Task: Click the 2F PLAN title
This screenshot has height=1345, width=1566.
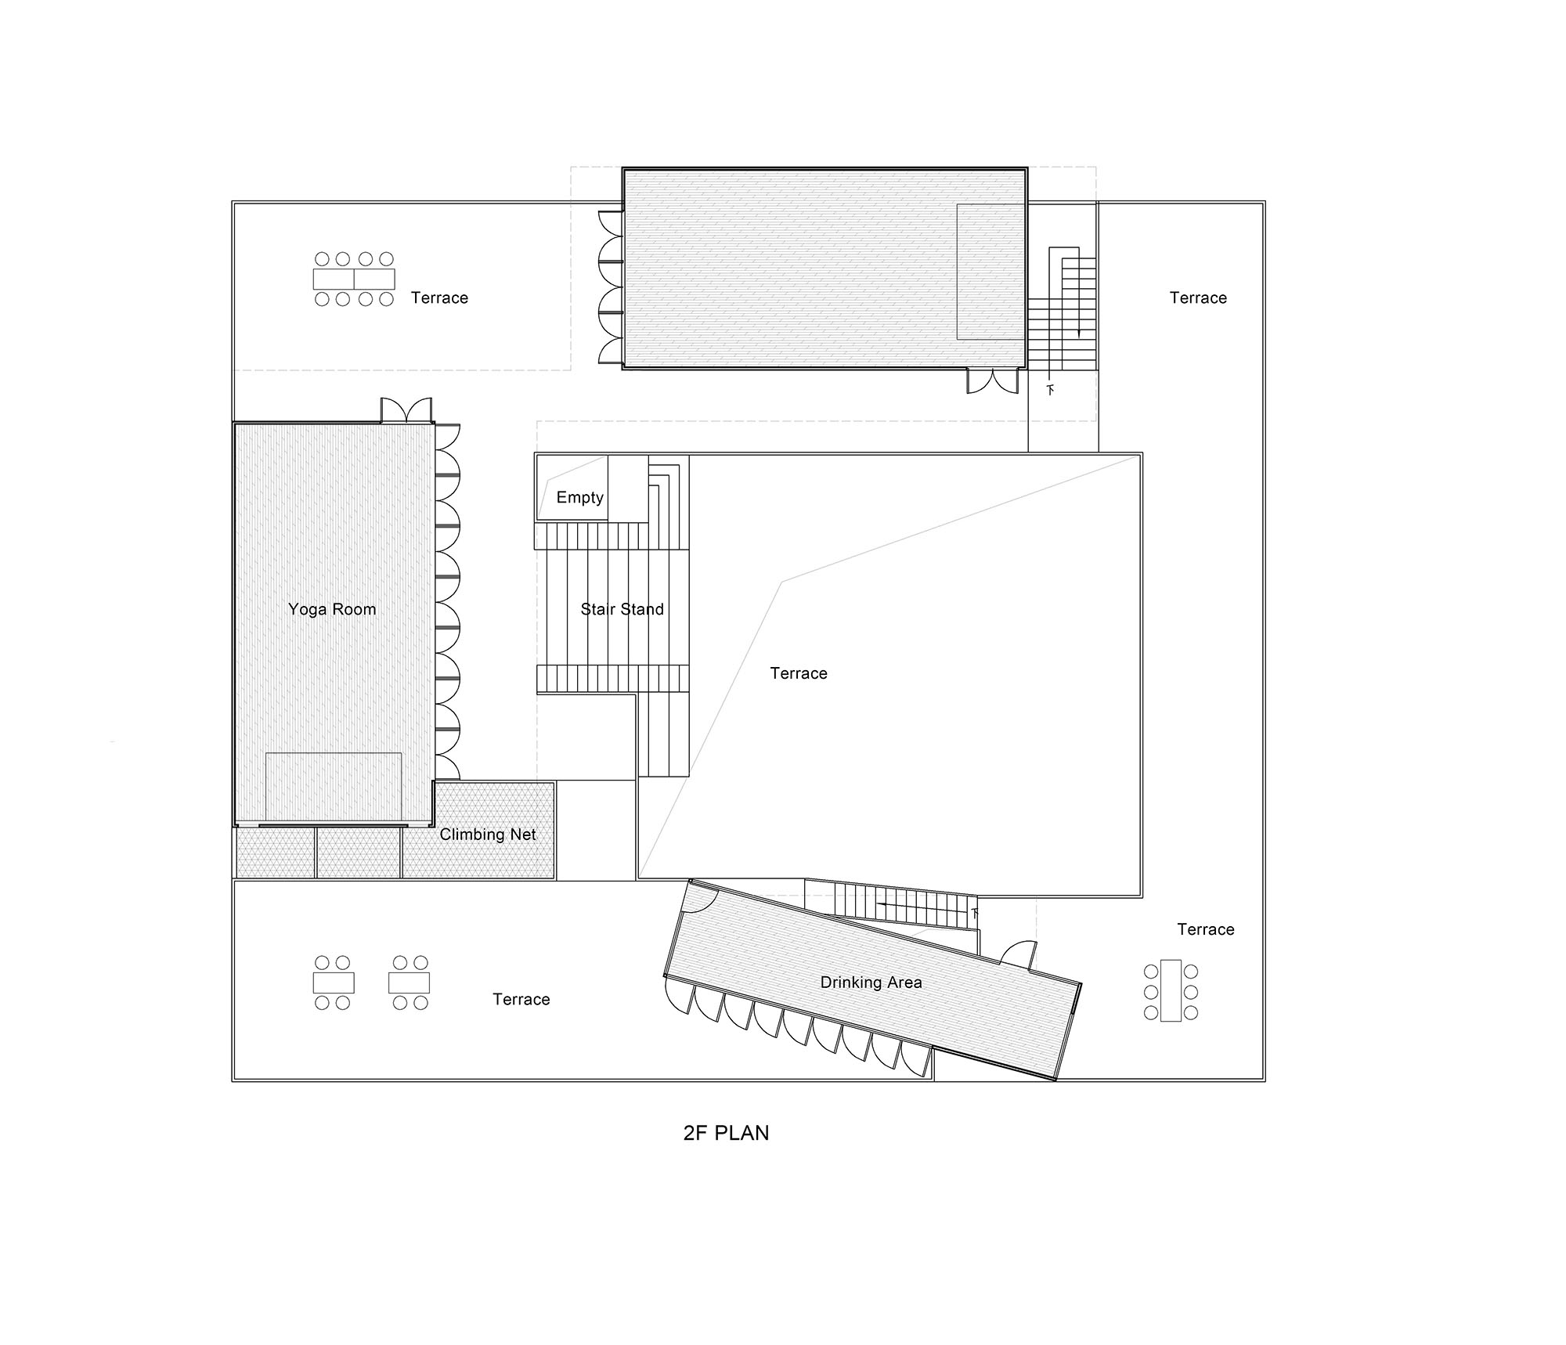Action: pos(726,1133)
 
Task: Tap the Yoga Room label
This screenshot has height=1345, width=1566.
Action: pos(332,609)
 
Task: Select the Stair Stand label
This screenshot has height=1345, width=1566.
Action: pos(622,609)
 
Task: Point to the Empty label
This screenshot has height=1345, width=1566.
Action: pos(579,497)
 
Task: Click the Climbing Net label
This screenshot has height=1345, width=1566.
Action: pos(487,835)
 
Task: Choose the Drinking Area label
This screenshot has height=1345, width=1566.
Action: pos(871,983)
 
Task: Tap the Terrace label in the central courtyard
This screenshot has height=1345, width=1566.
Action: pos(799,673)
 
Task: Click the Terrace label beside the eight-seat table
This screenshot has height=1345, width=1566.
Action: pos(439,297)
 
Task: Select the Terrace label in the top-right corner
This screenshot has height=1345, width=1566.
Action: pos(1198,297)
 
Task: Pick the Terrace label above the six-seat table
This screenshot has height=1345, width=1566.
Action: pos(1206,929)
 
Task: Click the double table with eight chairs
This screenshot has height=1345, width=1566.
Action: pos(354,279)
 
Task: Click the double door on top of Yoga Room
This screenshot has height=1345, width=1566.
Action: pos(406,410)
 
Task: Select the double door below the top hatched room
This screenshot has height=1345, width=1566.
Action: pos(993,381)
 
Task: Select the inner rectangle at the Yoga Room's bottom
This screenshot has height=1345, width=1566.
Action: pos(334,787)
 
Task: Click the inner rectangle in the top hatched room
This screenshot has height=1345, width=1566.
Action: pos(991,271)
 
